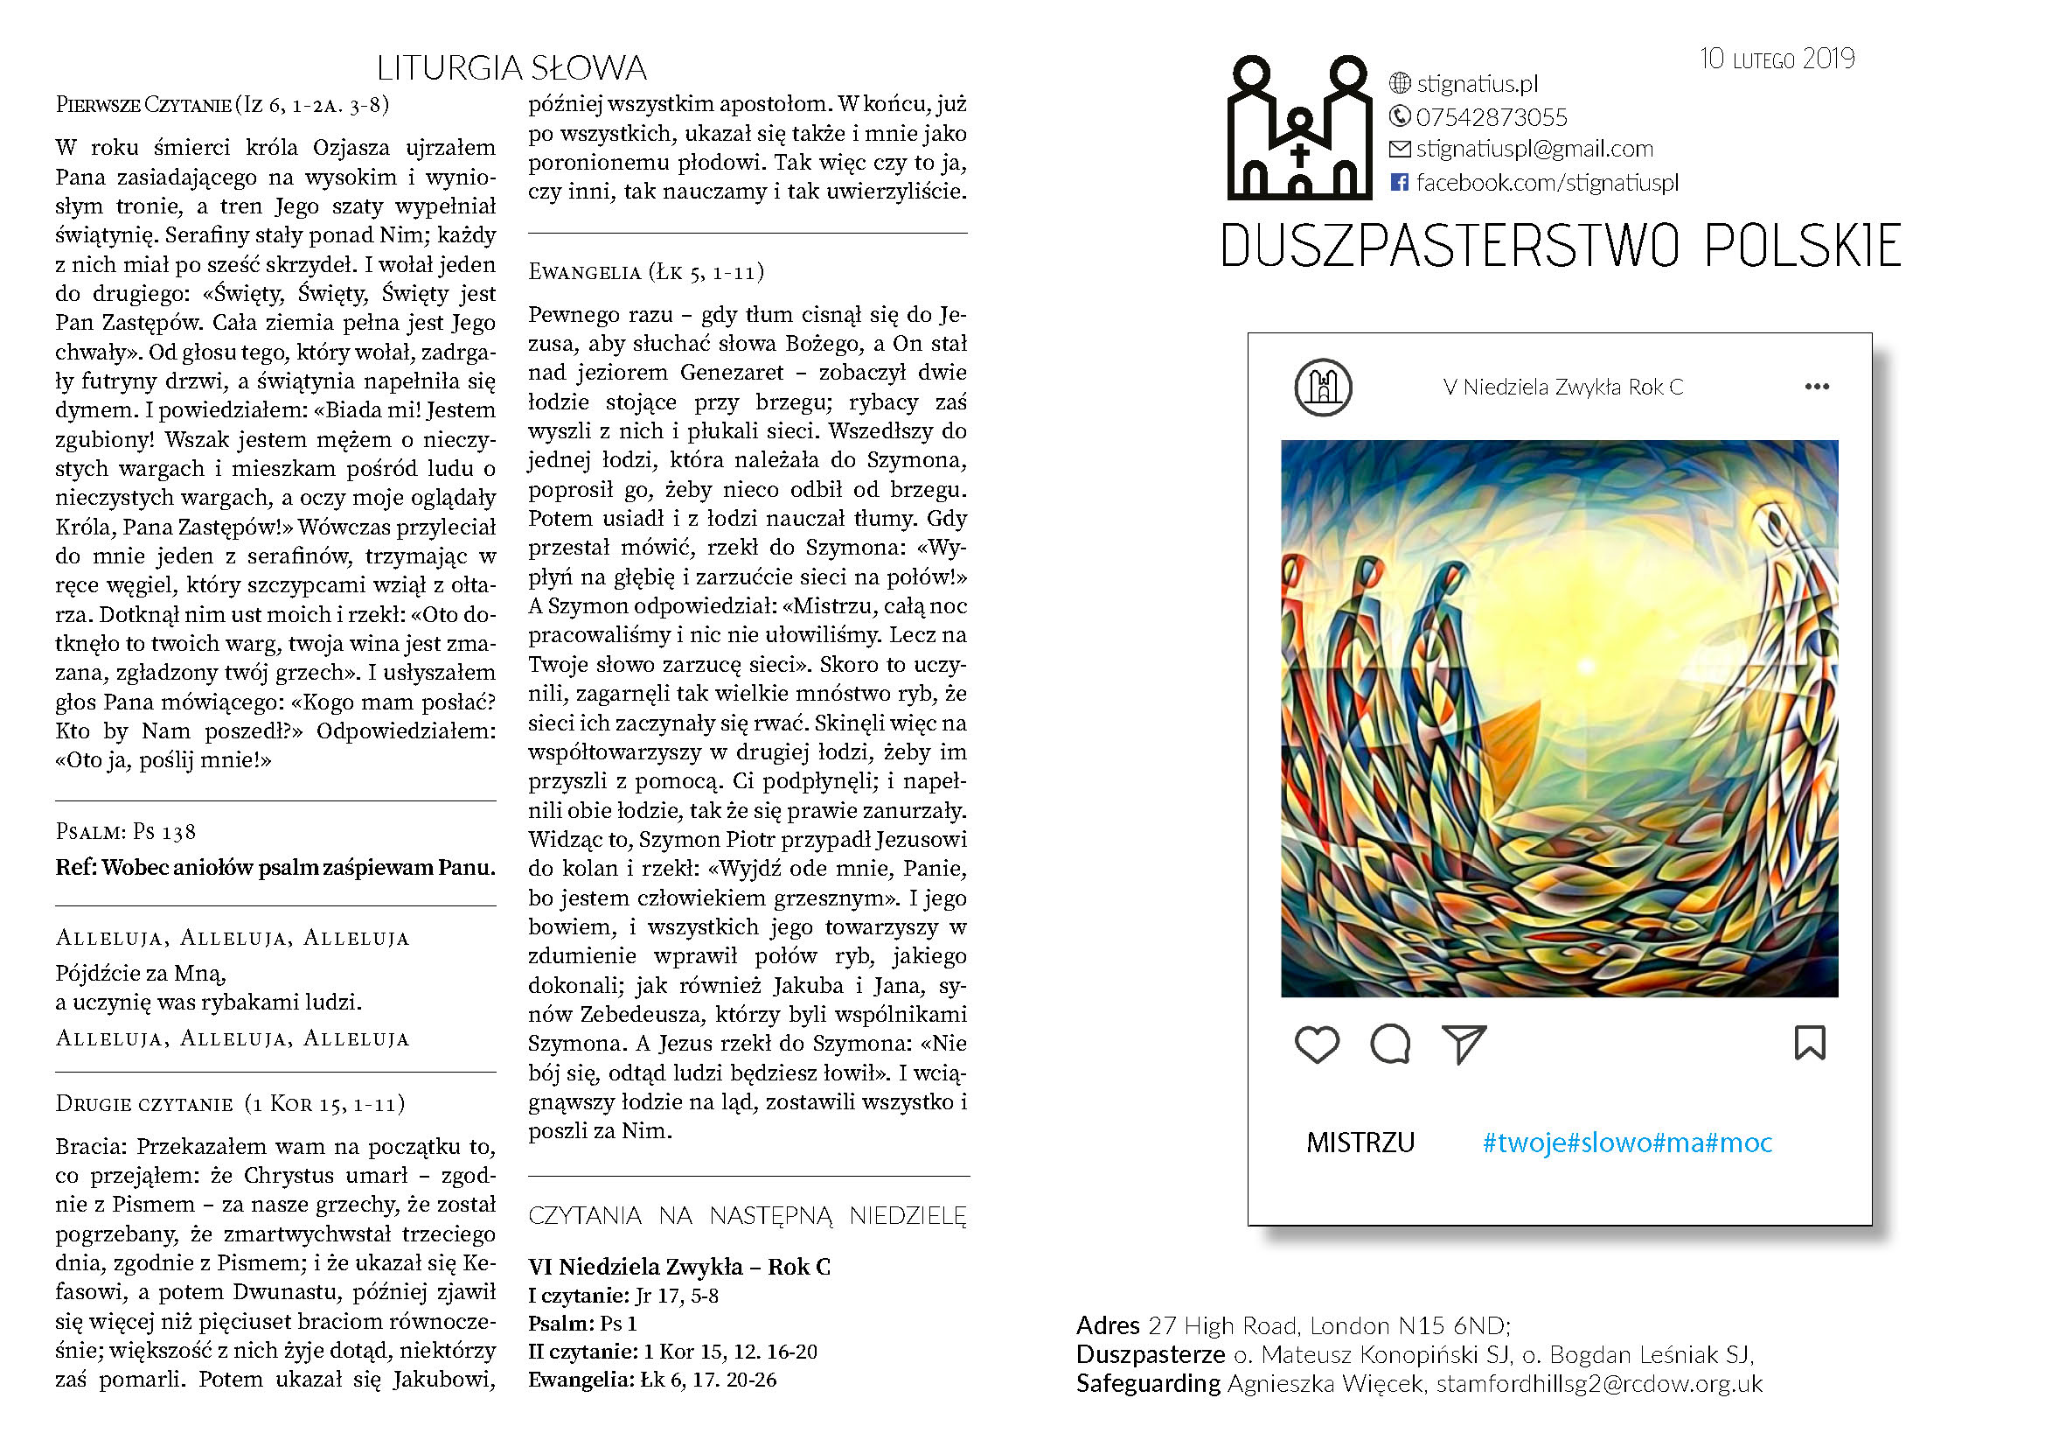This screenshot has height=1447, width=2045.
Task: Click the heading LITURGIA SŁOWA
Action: pyautogui.click(x=511, y=68)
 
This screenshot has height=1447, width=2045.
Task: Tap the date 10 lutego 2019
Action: pyautogui.click(x=1776, y=59)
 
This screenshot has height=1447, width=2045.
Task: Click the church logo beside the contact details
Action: pyautogui.click(x=1299, y=129)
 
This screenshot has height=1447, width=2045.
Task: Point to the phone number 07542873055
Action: pyautogui.click(x=1491, y=116)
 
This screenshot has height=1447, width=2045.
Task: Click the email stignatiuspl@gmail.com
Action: pyautogui.click(x=1534, y=149)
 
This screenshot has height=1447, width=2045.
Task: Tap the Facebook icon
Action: pyautogui.click(x=1399, y=183)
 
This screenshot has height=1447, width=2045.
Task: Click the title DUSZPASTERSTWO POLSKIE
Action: pyautogui.click(x=1561, y=246)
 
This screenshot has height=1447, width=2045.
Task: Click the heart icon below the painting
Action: pyautogui.click(x=1317, y=1045)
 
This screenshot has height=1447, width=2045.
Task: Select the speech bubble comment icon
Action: pyautogui.click(x=1390, y=1045)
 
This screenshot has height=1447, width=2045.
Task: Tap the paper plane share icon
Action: pyautogui.click(x=1464, y=1045)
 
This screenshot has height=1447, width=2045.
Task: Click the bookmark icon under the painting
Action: pyautogui.click(x=1809, y=1044)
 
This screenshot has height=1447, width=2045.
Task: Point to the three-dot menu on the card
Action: pyautogui.click(x=1816, y=387)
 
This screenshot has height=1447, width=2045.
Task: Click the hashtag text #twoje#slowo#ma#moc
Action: pyautogui.click(x=1627, y=1143)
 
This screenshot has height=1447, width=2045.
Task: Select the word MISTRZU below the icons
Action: pyautogui.click(x=1360, y=1143)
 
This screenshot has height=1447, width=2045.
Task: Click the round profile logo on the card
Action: pyautogui.click(x=1323, y=387)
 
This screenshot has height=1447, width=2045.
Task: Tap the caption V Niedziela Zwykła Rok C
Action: pyautogui.click(x=1563, y=387)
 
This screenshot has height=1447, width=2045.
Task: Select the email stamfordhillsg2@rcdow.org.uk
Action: pyautogui.click(x=1599, y=1383)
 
